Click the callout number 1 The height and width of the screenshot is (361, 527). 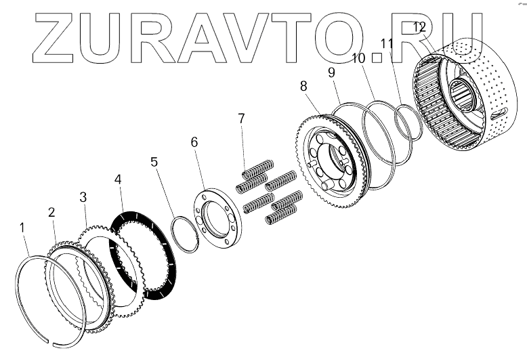[x=23, y=227]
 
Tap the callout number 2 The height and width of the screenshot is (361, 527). [x=51, y=212]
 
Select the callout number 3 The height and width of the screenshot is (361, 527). [x=83, y=197]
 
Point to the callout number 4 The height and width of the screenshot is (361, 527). [x=118, y=180]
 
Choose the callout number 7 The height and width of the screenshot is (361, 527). [x=240, y=120]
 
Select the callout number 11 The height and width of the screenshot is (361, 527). [x=387, y=43]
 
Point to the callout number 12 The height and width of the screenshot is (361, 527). [x=419, y=28]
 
